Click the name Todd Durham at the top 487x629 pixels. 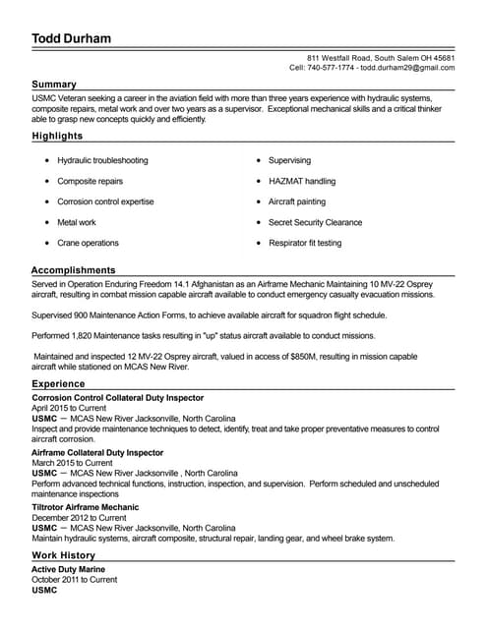pyautogui.click(x=71, y=38)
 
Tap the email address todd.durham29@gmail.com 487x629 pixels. pyautogui.click(x=407, y=68)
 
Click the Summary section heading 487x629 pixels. pyautogui.click(x=53, y=85)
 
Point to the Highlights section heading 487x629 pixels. pyautogui.click(x=57, y=136)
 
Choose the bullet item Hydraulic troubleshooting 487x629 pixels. pyautogui.click(x=102, y=160)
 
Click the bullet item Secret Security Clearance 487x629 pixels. pyautogui.click(x=315, y=222)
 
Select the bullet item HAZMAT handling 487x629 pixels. pyautogui.click(x=301, y=181)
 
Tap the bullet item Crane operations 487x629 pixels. pyautogui.click(x=88, y=243)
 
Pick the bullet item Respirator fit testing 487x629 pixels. pyautogui.click(x=305, y=243)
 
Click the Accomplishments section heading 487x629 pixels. pyautogui.click(x=73, y=269)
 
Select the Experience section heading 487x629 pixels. pyautogui.click(x=58, y=384)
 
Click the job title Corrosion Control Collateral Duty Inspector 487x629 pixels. pyautogui.click(x=118, y=397)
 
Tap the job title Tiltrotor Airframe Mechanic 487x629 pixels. pyautogui.click(x=86, y=507)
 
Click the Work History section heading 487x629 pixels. pyautogui.click(x=63, y=555)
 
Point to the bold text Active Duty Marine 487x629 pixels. pyautogui.click(x=68, y=569)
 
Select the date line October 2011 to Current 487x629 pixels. pyautogui.click(x=74, y=580)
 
